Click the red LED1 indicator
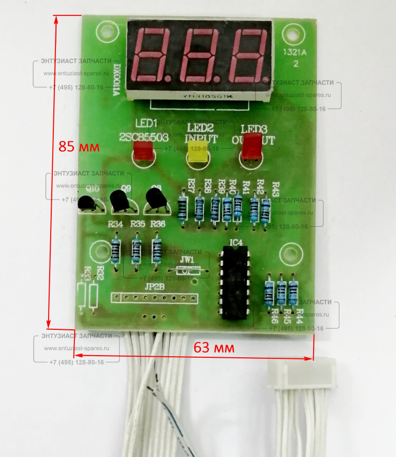(143, 151)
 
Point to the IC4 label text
(236, 243)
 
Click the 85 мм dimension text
(79, 147)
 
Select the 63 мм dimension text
(214, 348)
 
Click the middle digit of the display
(201, 55)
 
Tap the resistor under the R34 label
(116, 251)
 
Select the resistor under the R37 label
(183, 209)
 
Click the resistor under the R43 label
(266, 210)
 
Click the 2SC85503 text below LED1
(144, 137)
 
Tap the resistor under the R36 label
(156, 250)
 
